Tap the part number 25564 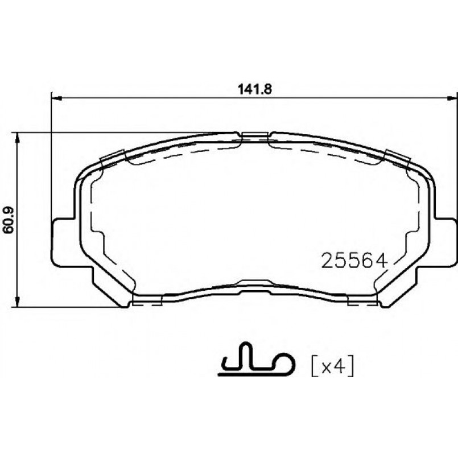(355, 261)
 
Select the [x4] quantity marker (333, 366)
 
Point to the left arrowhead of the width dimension (56, 97)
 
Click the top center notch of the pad (254, 135)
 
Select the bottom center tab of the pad (254, 283)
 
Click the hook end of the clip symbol (287, 365)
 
